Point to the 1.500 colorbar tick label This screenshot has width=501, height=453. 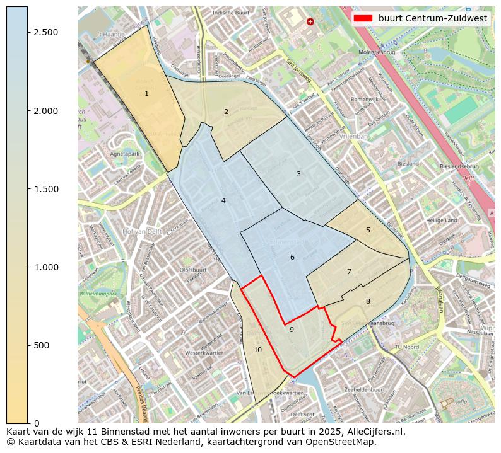[x=46, y=189]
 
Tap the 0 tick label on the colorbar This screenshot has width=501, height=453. [x=37, y=423]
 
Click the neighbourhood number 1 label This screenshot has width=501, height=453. [x=146, y=93]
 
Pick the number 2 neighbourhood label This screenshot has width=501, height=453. [x=226, y=112]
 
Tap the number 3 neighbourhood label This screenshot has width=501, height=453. [x=298, y=174]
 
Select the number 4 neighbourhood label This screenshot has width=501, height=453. [x=223, y=200]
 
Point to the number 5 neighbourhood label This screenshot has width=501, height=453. [x=368, y=230]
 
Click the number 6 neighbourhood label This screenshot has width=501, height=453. [x=292, y=257]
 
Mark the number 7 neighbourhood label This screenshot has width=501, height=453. [x=349, y=272]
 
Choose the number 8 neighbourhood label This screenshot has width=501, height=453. [x=368, y=301]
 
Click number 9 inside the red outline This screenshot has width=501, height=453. [x=292, y=330]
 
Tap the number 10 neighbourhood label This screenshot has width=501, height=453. [x=257, y=350]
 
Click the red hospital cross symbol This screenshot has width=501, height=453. [x=310, y=21]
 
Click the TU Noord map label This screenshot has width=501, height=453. [x=406, y=347]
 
